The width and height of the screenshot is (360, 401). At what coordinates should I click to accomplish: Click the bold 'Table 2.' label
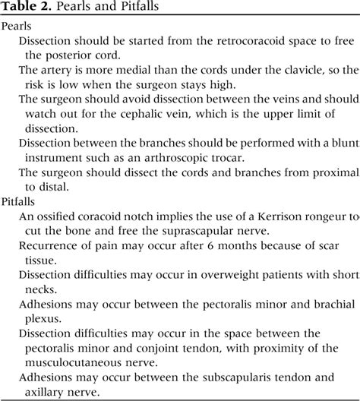(26, 8)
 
